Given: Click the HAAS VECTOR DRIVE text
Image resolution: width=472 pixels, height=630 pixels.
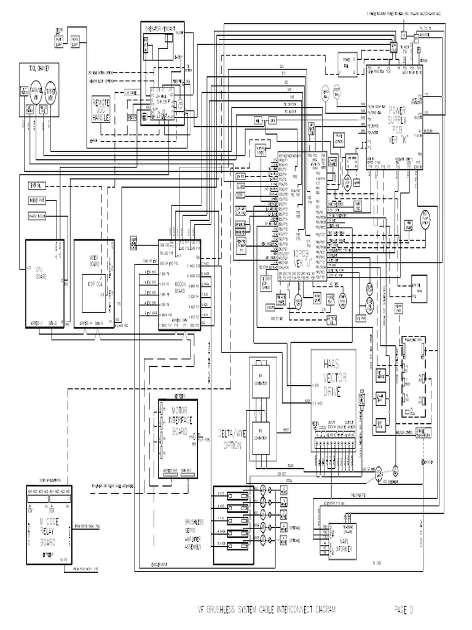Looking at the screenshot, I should [334, 375].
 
